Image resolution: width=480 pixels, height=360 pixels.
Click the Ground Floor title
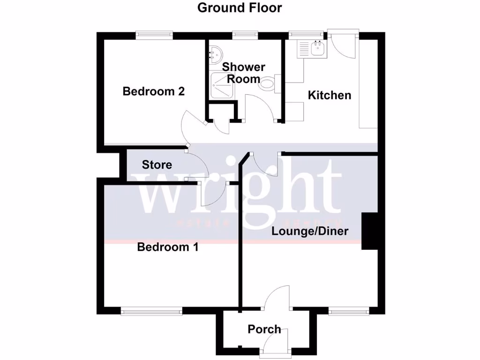pos(240,8)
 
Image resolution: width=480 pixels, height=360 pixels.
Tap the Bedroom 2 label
pos(154,91)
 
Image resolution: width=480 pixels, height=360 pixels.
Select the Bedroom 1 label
pos(167,247)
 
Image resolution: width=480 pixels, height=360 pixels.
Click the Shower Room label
pos(243,73)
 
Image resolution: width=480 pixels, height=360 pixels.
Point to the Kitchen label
pos(329,95)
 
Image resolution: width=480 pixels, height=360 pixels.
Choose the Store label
pos(157,165)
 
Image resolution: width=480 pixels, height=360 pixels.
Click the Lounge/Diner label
pos(310,231)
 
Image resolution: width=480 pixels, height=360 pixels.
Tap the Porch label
pos(264,330)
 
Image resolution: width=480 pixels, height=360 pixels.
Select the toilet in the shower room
pos(268,85)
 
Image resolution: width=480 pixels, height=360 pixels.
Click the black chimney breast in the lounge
pos(369,231)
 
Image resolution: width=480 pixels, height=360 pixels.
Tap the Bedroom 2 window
pos(154,35)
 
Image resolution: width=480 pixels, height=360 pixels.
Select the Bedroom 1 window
pos(151,310)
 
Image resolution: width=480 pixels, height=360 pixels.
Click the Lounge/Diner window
pos(348,310)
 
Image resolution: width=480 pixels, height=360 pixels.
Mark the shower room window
pos(245,35)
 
